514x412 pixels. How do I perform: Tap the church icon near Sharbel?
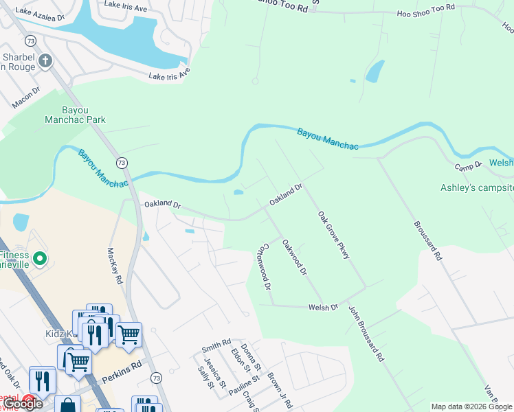click(x=45, y=60)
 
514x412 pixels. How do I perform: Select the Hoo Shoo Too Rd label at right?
click(x=426, y=10)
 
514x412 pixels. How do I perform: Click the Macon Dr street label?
click(x=26, y=98)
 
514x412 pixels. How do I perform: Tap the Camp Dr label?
click(x=467, y=167)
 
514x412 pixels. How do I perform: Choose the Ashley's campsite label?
click(x=477, y=187)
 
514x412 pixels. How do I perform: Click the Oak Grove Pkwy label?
click(x=334, y=235)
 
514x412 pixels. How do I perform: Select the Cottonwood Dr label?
click(x=264, y=266)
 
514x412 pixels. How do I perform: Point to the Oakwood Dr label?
click(x=293, y=256)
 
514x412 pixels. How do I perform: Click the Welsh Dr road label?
click(x=324, y=307)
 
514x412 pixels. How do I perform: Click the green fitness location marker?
click(x=40, y=259)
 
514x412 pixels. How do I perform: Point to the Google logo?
click(x=23, y=404)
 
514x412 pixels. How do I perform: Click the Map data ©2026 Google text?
click(x=471, y=407)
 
